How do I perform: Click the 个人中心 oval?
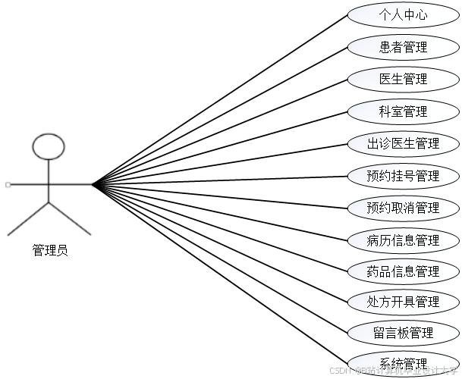pyautogui.click(x=403, y=14)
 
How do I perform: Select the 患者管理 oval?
pyautogui.click(x=403, y=47)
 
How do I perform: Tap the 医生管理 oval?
pyautogui.click(x=403, y=79)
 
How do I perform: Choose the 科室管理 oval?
pyautogui.click(x=403, y=111)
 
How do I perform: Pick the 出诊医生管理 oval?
pyautogui.click(x=403, y=143)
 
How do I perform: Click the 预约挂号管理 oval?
pyautogui.click(x=403, y=176)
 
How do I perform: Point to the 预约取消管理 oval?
pyautogui.click(x=403, y=208)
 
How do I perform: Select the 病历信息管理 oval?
pyautogui.click(x=403, y=240)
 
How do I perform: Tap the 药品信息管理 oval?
pyautogui.click(x=403, y=271)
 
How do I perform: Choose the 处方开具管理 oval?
pyautogui.click(x=403, y=302)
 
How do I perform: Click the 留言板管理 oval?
pyautogui.click(x=403, y=333)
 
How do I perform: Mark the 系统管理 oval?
pyautogui.click(x=403, y=363)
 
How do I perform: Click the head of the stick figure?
pyautogui.click(x=49, y=146)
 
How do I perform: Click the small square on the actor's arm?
pyautogui.click(x=7, y=184)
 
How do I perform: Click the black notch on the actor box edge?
pyautogui.click(x=96, y=184)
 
